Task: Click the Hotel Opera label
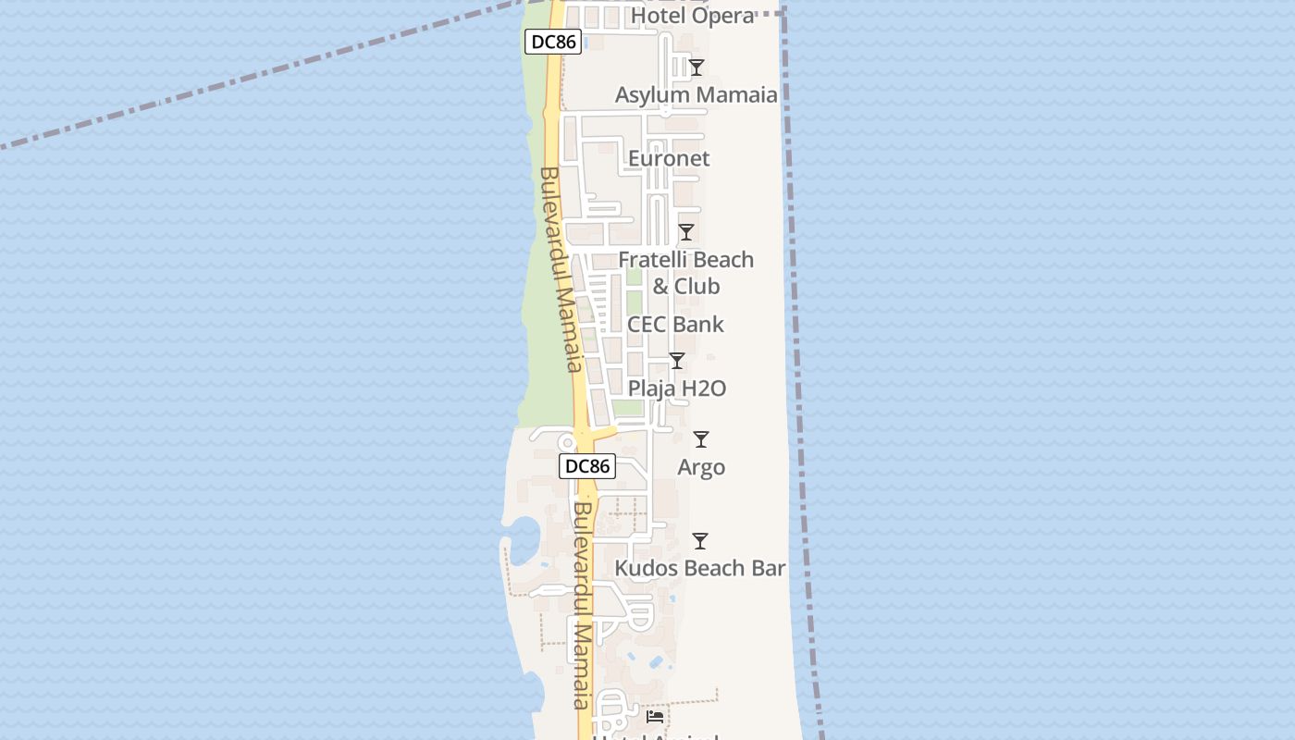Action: [693, 16]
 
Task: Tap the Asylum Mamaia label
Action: [697, 94]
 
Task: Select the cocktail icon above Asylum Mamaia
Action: [697, 68]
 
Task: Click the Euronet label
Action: [669, 158]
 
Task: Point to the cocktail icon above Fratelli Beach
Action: [686, 232]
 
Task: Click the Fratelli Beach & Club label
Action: [686, 273]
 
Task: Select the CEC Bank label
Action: [675, 325]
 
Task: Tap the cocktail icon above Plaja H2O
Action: [677, 361]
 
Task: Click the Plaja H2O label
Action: [677, 388]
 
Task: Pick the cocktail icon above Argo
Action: [701, 439]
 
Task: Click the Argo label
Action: [701, 467]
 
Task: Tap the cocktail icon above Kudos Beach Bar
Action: [700, 541]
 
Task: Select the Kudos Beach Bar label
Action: [700, 568]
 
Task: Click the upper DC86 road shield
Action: [552, 42]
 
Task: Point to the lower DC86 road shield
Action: [587, 466]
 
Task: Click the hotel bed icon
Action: [655, 716]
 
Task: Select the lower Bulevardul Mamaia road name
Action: [582, 606]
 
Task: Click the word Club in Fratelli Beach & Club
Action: [697, 287]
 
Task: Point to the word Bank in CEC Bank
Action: [698, 325]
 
